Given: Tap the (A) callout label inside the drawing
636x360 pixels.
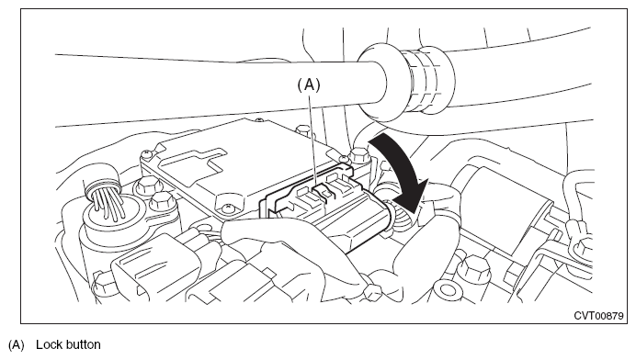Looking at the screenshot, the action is [x=309, y=85].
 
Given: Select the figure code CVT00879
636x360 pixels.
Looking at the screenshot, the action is [x=598, y=316].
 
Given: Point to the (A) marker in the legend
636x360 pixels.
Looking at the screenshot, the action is [x=17, y=345].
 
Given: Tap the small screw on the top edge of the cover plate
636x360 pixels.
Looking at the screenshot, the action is [x=258, y=120].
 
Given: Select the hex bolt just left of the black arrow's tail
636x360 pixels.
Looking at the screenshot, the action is [x=358, y=156].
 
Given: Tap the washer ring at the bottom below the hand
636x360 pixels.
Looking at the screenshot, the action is [x=447, y=290].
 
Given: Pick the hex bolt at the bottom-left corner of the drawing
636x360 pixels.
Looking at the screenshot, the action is [x=102, y=284].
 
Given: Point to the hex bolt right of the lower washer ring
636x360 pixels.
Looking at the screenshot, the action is [x=474, y=270].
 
